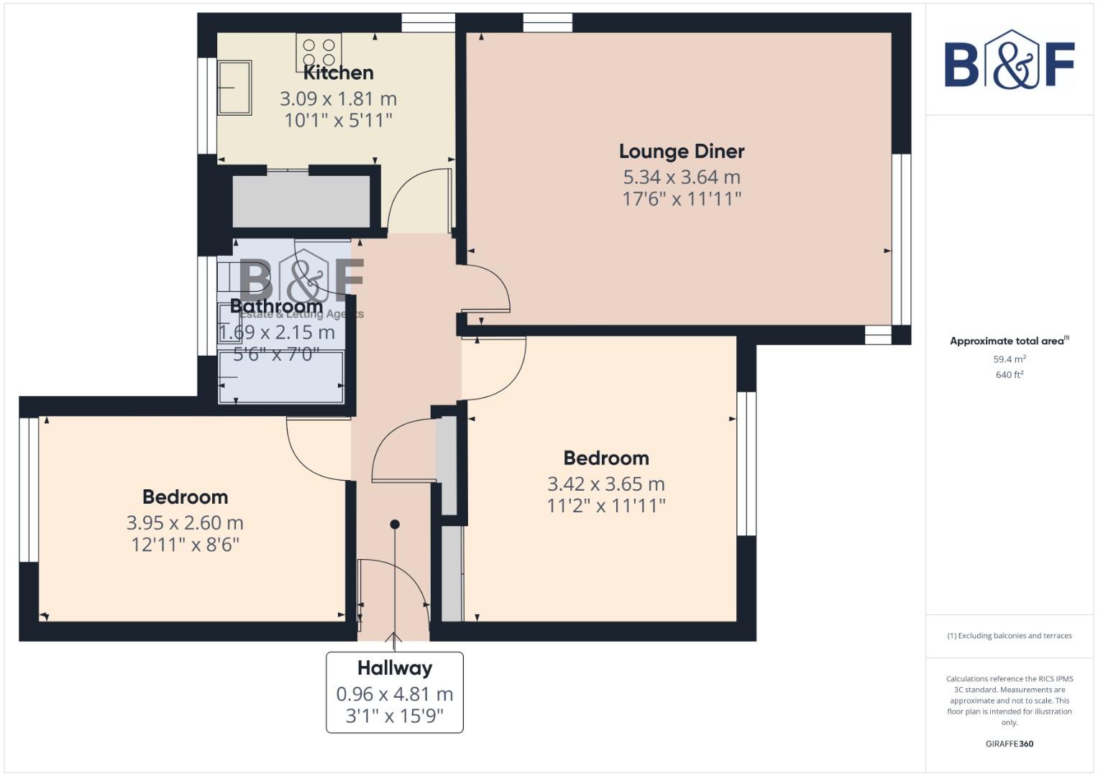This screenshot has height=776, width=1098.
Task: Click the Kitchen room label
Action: (x=338, y=73)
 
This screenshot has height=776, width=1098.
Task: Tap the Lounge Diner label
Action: (x=682, y=152)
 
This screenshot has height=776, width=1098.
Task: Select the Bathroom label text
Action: (x=276, y=307)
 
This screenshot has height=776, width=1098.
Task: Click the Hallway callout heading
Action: (x=395, y=668)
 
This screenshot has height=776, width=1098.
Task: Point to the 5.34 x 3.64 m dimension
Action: (x=682, y=177)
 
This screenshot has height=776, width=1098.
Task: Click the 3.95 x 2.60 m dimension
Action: (x=185, y=523)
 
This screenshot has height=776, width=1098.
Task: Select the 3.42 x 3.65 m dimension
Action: (x=606, y=484)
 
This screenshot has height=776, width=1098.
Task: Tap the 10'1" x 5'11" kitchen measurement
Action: (x=338, y=120)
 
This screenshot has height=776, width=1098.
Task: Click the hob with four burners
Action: (x=319, y=52)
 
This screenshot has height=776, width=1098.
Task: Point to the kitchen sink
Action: (x=234, y=88)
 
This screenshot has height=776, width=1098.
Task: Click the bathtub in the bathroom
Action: (x=281, y=377)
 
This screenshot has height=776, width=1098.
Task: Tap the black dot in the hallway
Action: (x=395, y=525)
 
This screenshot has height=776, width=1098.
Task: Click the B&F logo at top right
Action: (x=1010, y=60)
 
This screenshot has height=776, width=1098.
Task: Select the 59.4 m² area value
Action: (x=1010, y=359)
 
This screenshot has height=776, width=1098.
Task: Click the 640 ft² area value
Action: (x=1010, y=375)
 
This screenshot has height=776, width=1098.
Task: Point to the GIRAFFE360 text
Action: (x=1010, y=744)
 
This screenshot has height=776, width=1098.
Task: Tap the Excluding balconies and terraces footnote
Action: (x=1010, y=636)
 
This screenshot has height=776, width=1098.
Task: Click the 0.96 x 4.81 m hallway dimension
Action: (x=395, y=694)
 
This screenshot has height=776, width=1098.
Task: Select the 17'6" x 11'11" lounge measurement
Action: (x=682, y=199)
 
